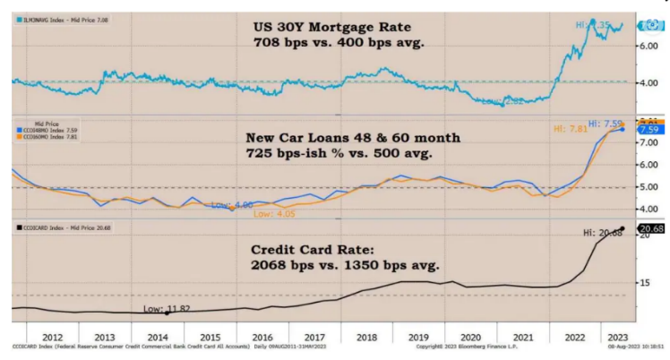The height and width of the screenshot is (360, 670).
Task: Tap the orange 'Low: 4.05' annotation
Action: (x=274, y=214)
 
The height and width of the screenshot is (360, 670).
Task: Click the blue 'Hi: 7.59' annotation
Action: (x=606, y=123)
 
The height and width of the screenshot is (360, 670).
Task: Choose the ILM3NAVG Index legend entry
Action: (x=54, y=18)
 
